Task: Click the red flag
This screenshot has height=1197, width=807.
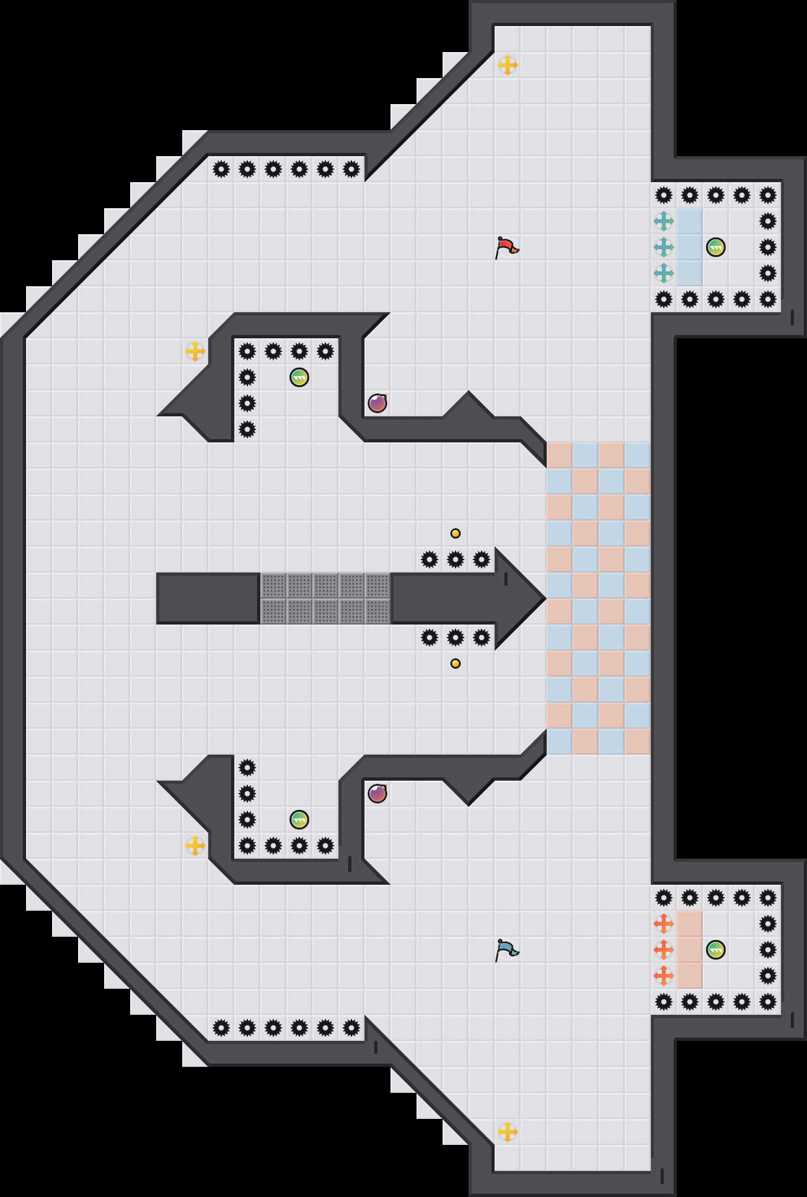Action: (506, 247)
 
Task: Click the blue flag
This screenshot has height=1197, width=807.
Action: (506, 950)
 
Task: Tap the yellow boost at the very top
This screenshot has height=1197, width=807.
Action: (508, 65)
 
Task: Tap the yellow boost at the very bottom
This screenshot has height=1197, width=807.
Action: (508, 1132)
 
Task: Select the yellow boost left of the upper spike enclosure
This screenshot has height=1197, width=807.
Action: (195, 351)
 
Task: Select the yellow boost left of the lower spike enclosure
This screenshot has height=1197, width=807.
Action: (195, 846)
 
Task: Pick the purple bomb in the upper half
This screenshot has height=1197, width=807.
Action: (377, 403)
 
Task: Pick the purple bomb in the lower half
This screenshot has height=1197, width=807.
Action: (377, 794)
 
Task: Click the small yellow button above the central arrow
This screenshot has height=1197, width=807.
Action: (456, 533)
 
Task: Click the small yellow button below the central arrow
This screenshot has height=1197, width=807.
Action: (456, 664)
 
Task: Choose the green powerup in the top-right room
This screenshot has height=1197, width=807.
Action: (716, 247)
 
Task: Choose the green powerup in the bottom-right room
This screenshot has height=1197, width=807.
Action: (716, 950)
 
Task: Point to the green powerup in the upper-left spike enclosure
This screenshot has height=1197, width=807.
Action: (299, 377)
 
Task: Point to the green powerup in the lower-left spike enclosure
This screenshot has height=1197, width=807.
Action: (299, 820)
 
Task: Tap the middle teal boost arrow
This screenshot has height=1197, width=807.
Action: (664, 247)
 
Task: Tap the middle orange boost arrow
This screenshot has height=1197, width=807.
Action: (664, 950)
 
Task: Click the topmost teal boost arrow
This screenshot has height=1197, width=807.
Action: (664, 221)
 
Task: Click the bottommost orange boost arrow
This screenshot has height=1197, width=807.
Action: (664, 976)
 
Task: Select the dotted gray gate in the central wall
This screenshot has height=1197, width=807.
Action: (325, 598)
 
